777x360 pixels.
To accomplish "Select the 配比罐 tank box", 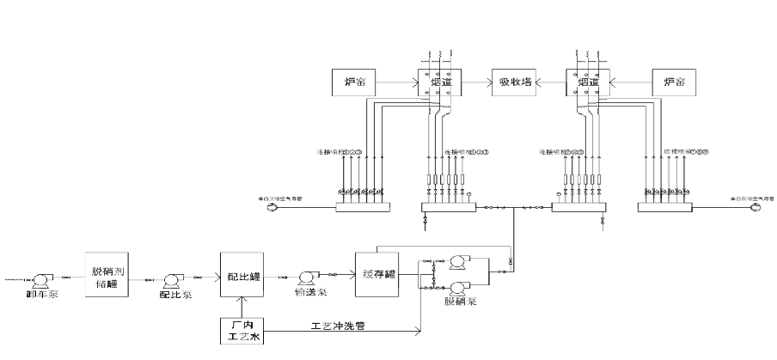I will pyautogui.click(x=243, y=275).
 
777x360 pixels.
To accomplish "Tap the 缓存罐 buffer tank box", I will pyautogui.click(x=378, y=273).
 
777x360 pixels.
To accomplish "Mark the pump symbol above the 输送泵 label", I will pyautogui.click(x=307, y=277).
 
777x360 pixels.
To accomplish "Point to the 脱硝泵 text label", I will pyautogui.click(x=460, y=302).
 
